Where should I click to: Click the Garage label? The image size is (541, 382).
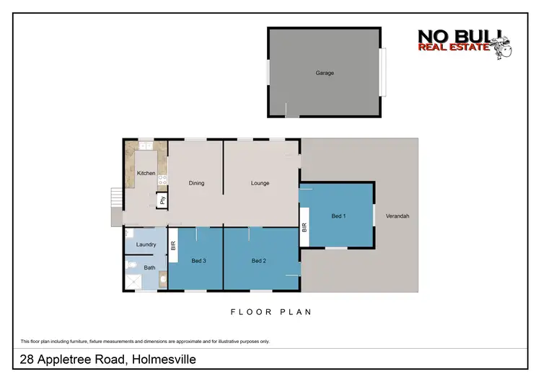coord(325,73)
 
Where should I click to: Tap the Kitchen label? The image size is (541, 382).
coord(146,173)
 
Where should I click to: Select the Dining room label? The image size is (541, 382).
coord(196,183)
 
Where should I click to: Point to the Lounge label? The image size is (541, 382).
coord(260,183)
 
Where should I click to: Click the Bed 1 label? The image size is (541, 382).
coord(339,216)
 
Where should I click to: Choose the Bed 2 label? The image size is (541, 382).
coord(260,260)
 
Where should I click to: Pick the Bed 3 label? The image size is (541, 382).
coord(200,260)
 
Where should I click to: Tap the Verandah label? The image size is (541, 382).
coord(397,216)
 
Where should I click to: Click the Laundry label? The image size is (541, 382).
coord(146,245)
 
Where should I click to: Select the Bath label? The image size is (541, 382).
coord(149,268)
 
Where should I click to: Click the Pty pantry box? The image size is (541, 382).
coord(163,201)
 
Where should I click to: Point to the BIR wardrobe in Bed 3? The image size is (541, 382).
coord(173,245)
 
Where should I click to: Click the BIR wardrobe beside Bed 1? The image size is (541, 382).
coord(304,226)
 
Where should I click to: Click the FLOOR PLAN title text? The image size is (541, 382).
coord(270,312)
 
